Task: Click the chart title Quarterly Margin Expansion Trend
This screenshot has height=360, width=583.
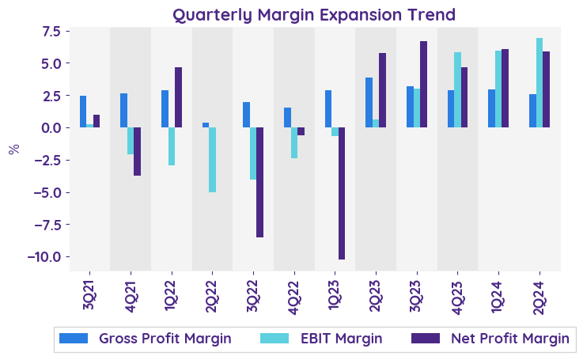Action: [314, 15]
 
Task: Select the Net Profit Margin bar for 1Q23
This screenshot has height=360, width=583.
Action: [342, 193]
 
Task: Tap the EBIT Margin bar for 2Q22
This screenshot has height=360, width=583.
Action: [212, 160]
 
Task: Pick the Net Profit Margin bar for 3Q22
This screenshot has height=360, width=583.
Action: [259, 182]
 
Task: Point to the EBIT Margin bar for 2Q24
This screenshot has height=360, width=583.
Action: [539, 83]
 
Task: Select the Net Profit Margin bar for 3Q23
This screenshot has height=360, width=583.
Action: [423, 85]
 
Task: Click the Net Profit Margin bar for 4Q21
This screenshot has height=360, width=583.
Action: [137, 151]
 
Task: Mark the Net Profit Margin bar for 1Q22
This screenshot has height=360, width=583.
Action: [178, 97]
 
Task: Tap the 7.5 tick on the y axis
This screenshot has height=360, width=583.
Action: [51, 31]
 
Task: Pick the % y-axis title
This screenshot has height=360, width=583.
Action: [13, 149]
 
